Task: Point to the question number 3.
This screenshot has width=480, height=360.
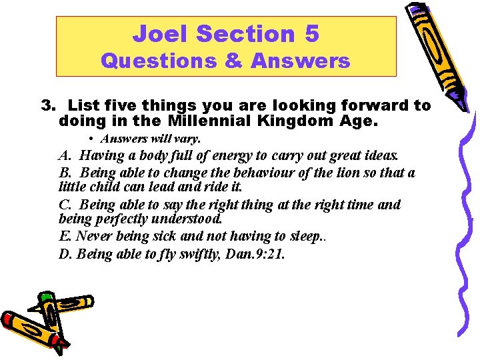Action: point(47,105)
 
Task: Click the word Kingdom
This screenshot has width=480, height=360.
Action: point(289,122)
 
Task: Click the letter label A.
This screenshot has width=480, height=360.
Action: point(65,156)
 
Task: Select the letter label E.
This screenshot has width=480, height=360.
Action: point(64,236)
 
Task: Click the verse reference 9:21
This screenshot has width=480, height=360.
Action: point(267,254)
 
